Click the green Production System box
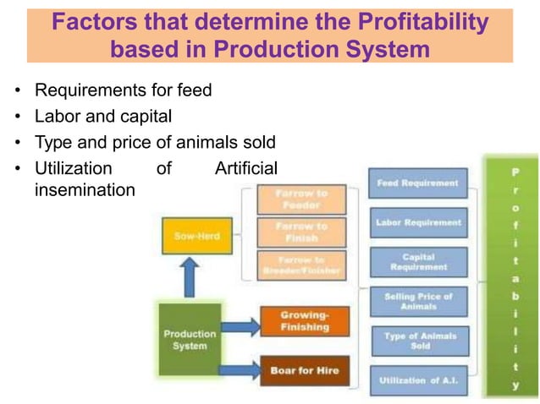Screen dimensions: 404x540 pos(190,339)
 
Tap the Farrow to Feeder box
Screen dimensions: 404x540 pos(300,199)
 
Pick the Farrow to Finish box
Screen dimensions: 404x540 pos(300,232)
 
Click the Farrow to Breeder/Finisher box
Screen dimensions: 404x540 pos(300,265)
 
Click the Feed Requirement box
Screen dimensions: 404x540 pos(418,183)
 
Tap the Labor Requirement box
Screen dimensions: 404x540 pos(418,223)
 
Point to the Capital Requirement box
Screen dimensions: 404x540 pos(418,263)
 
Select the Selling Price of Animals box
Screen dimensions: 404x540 pos(418,302)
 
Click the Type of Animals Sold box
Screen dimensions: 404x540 pos(418,341)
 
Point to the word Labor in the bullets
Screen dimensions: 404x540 pos(55,114)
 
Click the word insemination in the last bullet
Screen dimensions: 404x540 pos(84,190)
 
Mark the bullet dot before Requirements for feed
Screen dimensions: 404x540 pos(18,90)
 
